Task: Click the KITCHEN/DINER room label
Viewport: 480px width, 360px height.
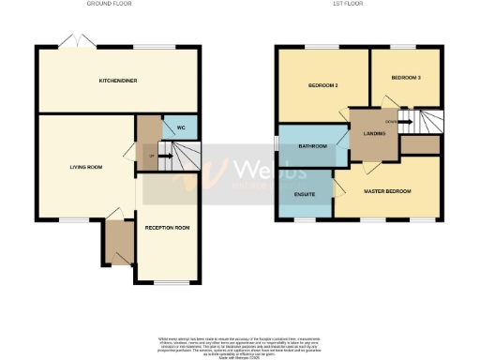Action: tap(118, 81)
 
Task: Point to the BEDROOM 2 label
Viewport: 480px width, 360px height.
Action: tap(322, 86)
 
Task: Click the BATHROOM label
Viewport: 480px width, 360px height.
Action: tap(312, 146)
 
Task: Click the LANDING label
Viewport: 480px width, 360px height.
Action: tap(373, 133)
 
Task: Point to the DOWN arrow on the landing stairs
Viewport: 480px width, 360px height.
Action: tap(397, 121)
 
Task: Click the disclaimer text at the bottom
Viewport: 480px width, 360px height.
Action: tap(239, 344)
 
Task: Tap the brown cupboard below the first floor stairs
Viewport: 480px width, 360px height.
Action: tap(421, 144)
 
